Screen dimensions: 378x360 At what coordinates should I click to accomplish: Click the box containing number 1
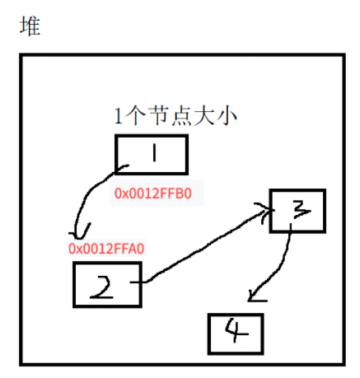152,155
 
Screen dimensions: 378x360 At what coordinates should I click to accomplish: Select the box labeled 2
107,284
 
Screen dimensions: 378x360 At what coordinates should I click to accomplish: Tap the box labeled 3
299,210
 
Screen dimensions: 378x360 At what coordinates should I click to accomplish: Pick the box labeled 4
236,332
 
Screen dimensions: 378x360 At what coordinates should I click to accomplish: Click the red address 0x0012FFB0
157,194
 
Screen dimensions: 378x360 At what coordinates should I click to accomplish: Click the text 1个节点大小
175,116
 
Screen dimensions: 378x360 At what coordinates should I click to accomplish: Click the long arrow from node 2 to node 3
206,247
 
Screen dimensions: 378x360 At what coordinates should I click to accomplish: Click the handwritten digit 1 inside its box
153,154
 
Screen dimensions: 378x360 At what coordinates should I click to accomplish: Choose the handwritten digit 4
235,332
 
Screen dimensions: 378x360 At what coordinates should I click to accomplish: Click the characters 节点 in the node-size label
176,116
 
